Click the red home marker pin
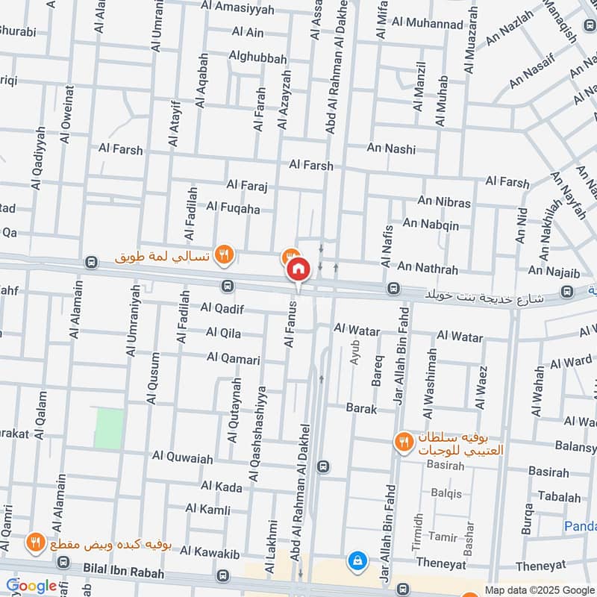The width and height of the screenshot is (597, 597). pyautogui.click(x=298, y=269)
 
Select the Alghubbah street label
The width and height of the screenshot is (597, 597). pyautogui.click(x=257, y=58)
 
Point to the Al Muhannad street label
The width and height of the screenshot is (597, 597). pyautogui.click(x=428, y=24)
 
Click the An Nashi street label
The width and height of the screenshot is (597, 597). pyautogui.click(x=391, y=149)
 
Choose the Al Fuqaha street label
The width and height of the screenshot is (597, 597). pyautogui.click(x=233, y=208)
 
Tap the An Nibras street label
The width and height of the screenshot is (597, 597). pyautogui.click(x=444, y=201)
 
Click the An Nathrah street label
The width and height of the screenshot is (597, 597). pyautogui.click(x=428, y=267)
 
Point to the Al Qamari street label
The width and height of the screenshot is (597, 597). pyautogui.click(x=234, y=359)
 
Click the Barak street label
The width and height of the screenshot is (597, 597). pyautogui.click(x=361, y=408)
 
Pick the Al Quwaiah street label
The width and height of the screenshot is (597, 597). pyautogui.click(x=183, y=457)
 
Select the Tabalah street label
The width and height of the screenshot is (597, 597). pyautogui.click(x=559, y=497)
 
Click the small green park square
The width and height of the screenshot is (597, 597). pyautogui.click(x=109, y=428)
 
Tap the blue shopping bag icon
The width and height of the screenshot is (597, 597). pyautogui.click(x=357, y=559)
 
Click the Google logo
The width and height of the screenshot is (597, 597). pyautogui.click(x=31, y=586)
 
